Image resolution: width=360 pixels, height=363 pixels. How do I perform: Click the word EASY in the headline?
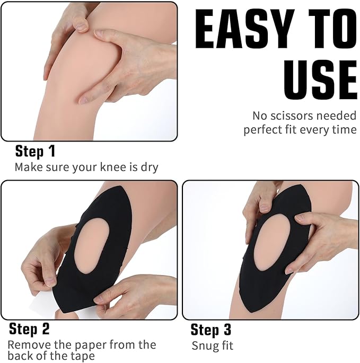248,30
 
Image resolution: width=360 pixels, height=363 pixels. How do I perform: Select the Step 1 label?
35,152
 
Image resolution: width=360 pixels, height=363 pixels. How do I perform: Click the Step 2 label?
29,329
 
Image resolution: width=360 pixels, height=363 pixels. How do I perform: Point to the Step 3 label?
211,330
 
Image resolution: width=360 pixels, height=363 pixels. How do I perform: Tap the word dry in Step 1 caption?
149,167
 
